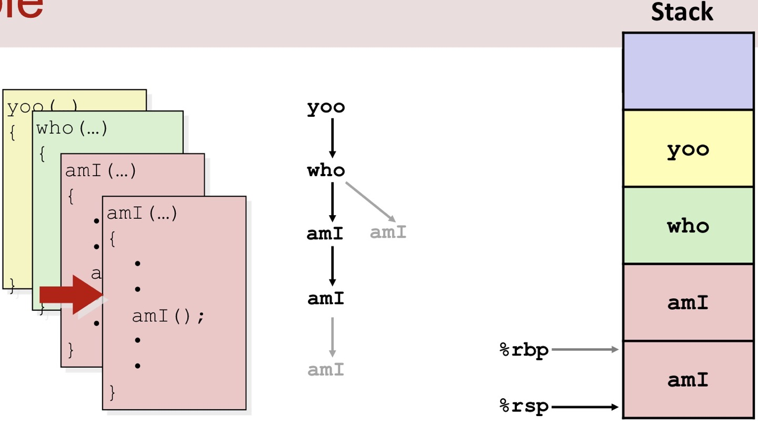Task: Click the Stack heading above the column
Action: pos(682,12)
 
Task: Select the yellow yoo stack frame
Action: pos(688,149)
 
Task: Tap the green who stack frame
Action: pos(688,226)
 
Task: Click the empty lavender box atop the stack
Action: pos(688,71)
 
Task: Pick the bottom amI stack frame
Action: pos(688,379)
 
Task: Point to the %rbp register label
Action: pos(524,350)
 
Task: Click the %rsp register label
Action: pos(524,406)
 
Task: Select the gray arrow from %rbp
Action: pos(584,349)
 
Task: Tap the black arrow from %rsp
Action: pos(584,407)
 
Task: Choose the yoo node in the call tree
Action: pos(326,107)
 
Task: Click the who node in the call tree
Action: pos(326,170)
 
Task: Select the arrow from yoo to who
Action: pos(332,138)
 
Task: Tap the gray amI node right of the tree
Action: pos(388,232)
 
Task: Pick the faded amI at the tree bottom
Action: pos(326,370)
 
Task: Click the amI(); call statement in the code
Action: pos(167,316)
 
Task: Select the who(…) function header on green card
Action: pos(72,128)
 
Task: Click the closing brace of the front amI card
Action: pos(112,392)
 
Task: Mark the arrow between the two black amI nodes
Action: pos(332,266)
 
